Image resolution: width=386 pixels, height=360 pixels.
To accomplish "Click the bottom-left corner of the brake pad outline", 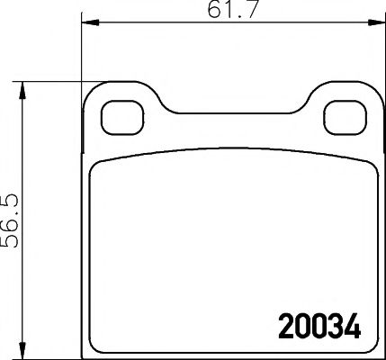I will click(x=84, y=353).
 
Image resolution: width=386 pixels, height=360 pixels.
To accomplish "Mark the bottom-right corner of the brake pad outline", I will click(x=375, y=353).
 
